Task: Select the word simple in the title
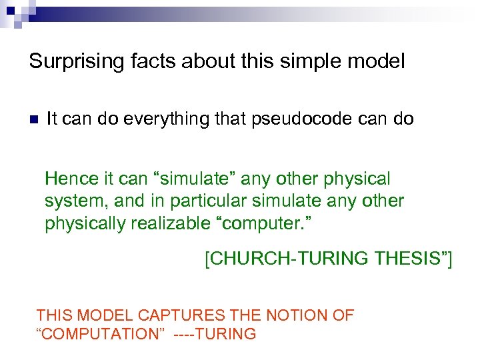315,62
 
